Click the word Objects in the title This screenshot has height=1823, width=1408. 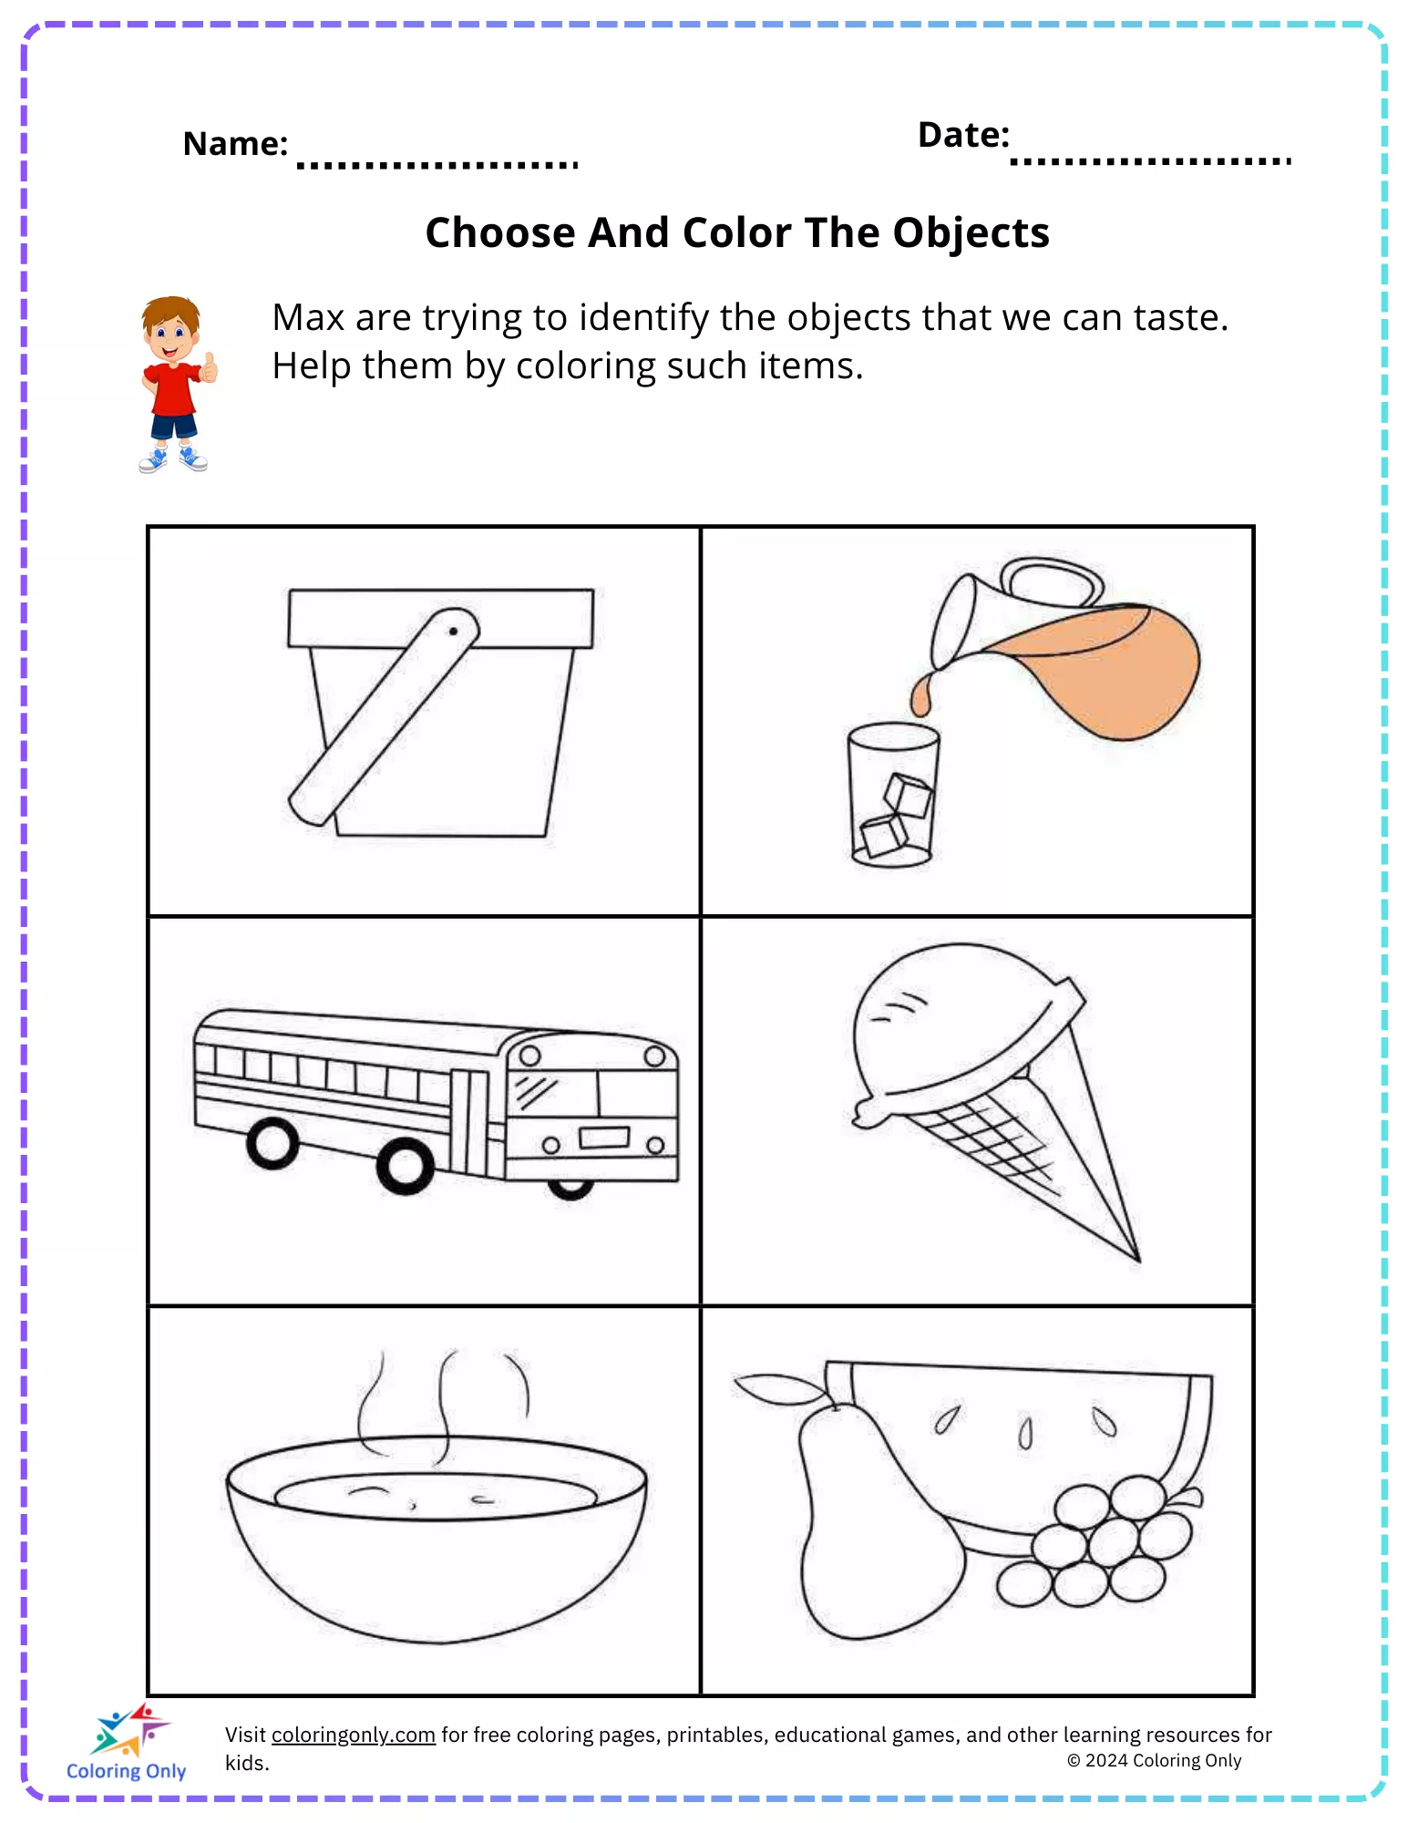971,233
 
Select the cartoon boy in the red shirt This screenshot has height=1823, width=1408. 175,384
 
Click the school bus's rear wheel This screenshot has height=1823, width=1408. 272,1142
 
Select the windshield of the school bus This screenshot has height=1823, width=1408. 552,1092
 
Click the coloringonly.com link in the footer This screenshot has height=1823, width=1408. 353,1735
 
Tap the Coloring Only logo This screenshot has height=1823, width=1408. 127,1741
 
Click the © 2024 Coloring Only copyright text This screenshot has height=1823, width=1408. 1154,1761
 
